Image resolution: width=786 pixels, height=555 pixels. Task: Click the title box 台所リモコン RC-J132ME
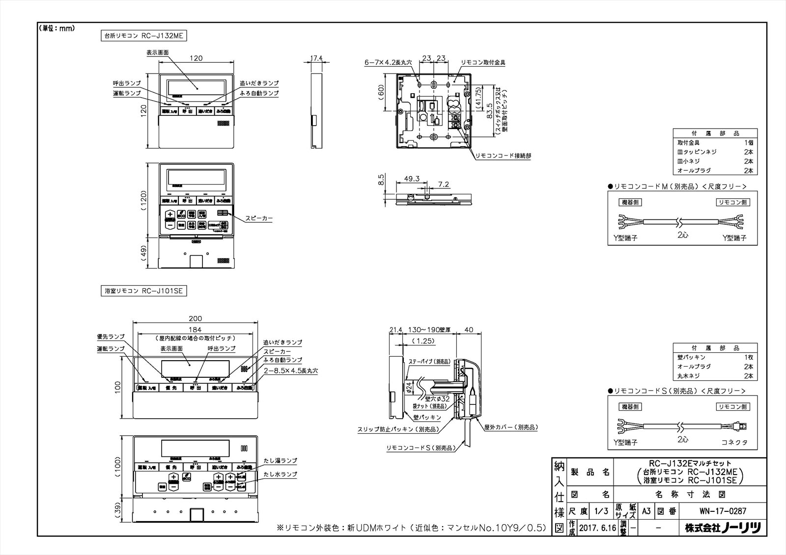click(143, 35)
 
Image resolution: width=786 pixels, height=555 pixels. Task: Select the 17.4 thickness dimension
click(317, 58)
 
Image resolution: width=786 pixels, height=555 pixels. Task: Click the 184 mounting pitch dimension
click(196, 330)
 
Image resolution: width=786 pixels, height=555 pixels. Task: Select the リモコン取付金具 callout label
click(483, 63)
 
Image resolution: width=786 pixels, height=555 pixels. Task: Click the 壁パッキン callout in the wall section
click(427, 417)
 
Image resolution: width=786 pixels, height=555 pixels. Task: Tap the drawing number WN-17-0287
click(724, 511)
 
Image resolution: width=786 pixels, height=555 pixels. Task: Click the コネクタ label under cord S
click(734, 442)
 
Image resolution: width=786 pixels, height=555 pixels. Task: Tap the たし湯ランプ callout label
click(280, 461)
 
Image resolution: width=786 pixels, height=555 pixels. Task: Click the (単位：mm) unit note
click(56, 28)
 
